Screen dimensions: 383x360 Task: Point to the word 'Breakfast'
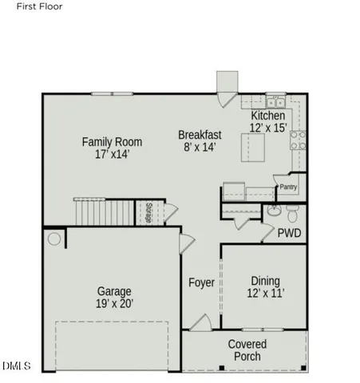coord(200,135)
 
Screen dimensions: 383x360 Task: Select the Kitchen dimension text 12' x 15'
coord(268,128)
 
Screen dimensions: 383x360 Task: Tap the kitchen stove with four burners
coord(298,140)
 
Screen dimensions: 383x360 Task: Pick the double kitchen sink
coord(275,102)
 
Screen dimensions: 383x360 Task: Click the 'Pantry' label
coord(288,188)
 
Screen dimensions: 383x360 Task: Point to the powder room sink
coord(295,214)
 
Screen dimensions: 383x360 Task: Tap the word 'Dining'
coord(265,281)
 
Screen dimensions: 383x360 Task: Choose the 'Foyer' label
coord(201,283)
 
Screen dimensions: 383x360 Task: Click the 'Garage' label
coord(114,291)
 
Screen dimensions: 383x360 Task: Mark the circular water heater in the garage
coord(54,239)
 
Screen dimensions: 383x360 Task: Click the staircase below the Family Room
coord(105,212)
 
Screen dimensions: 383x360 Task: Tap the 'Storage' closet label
coord(149,212)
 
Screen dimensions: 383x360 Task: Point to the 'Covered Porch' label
coord(247,350)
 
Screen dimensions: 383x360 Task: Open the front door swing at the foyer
coord(200,322)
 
